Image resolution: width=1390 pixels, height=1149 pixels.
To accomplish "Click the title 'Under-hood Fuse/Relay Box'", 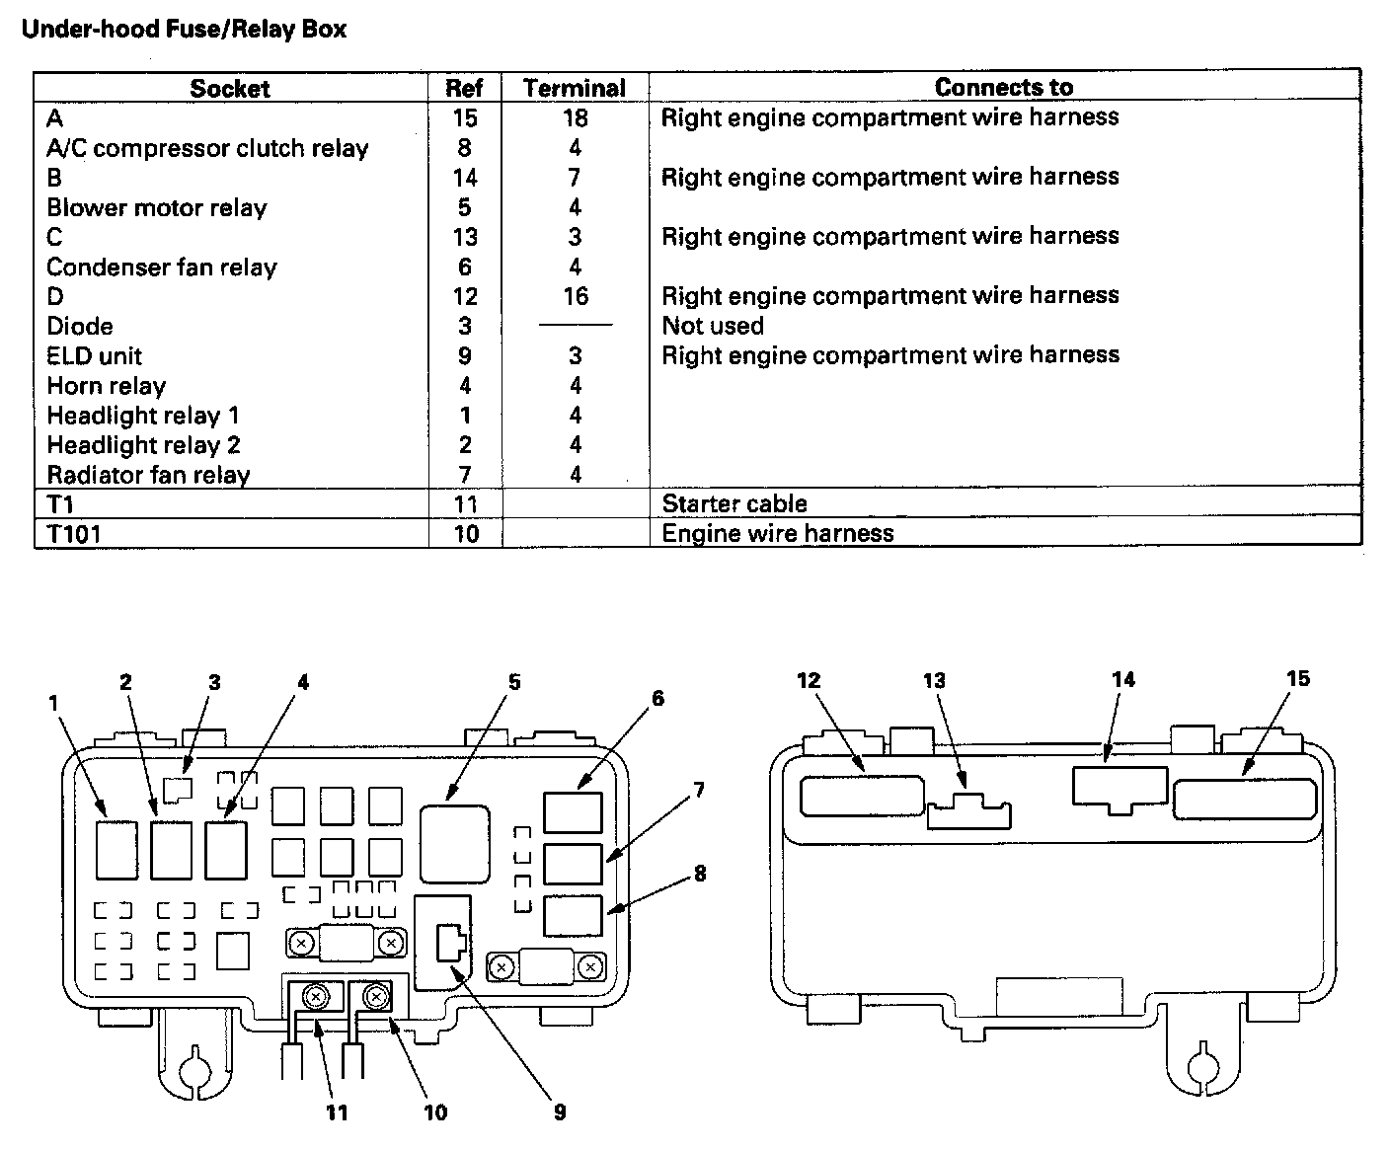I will pos(184,30).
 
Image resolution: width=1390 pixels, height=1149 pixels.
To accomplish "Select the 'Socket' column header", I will pos(230,89).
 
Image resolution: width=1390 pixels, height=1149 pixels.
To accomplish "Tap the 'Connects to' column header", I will pos(1003,88).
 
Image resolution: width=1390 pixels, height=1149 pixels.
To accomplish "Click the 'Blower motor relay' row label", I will pos(157,208).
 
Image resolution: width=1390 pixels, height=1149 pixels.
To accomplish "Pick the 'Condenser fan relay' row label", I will pos(162,268).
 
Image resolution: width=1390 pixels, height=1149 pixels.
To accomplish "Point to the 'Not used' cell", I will pos(713,327).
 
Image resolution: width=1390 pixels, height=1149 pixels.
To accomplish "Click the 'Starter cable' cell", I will pos(734,504).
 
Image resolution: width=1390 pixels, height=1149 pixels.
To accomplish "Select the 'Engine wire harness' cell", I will pos(778,534).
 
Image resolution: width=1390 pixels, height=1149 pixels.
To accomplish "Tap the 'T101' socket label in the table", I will pos(74,535).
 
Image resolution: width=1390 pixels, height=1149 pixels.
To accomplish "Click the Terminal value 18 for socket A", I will pos(575,118).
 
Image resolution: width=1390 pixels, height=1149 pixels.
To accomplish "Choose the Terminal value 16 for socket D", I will pos(575,296).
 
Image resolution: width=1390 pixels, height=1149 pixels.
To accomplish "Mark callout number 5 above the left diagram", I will pos(514,682).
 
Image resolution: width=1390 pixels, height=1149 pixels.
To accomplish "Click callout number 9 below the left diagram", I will pos(560,1112).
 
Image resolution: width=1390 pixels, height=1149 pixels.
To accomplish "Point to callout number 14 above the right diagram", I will pos(1123,679).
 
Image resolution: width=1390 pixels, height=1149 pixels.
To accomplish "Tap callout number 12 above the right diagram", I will pos(809,680).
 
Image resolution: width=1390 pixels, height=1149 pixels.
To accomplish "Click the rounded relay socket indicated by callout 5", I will pos(454,842).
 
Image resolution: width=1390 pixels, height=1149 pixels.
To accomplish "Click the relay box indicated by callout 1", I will pos(117,848).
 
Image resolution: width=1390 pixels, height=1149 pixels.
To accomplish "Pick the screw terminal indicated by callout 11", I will pos(316,998).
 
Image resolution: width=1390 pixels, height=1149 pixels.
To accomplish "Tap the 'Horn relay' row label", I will pos(107,386).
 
